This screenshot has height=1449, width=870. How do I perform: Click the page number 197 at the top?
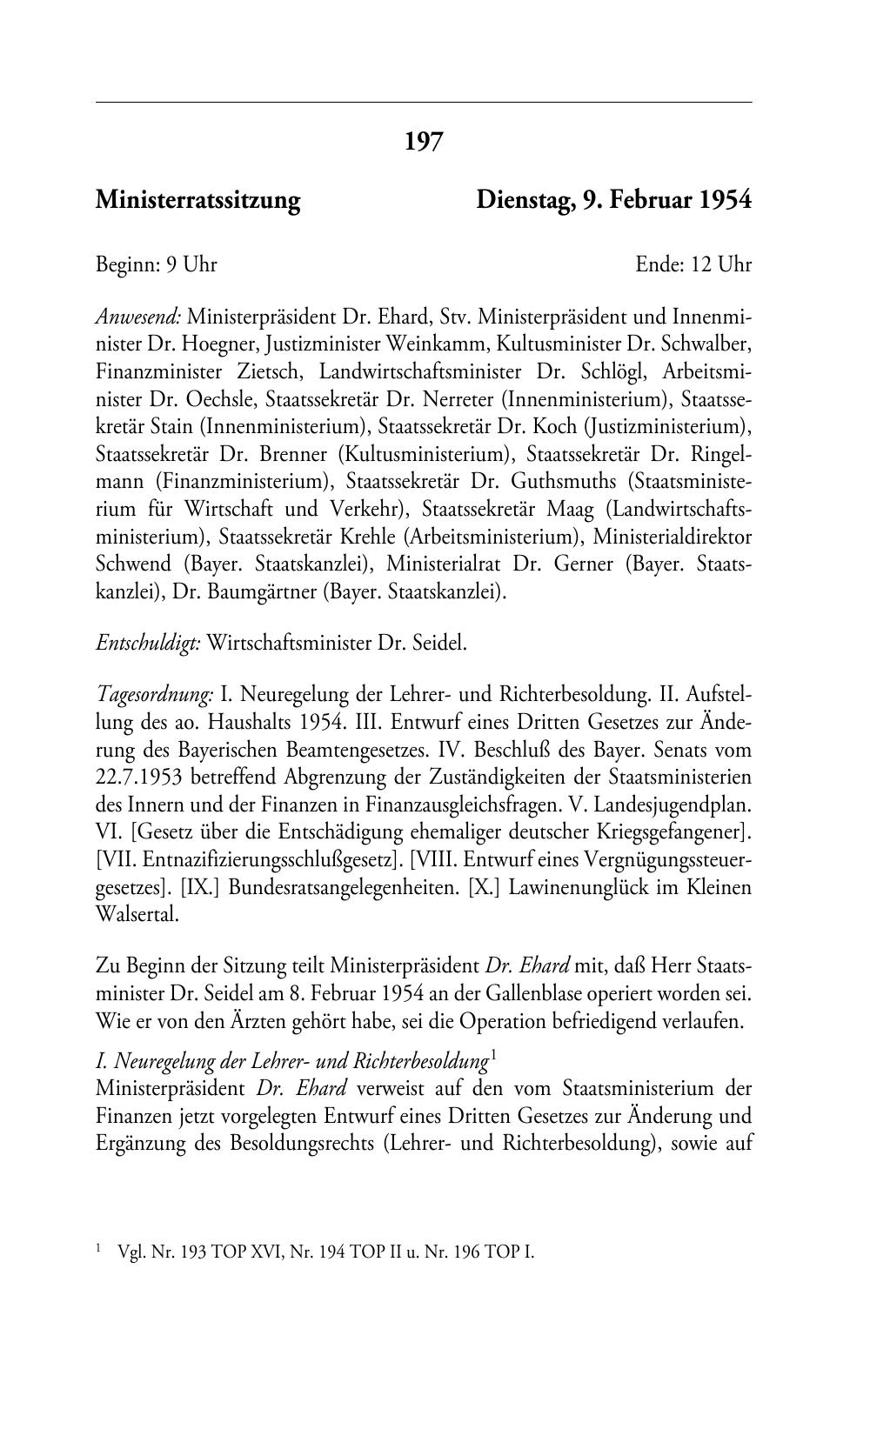[424, 141]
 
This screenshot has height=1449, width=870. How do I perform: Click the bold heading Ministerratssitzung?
[197, 201]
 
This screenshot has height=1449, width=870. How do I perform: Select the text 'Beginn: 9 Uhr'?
[157, 264]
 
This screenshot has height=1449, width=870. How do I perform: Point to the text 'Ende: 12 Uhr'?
[693, 264]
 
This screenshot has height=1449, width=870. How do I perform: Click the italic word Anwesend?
[138, 315]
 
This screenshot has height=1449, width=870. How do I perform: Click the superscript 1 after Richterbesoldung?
[493, 1056]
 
